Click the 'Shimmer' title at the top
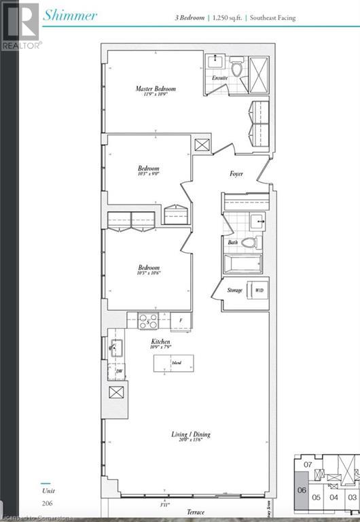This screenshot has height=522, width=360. (70, 15)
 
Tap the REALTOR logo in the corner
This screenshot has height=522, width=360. (20, 25)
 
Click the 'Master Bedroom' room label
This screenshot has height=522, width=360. (156, 89)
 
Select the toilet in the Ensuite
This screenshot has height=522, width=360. (236, 69)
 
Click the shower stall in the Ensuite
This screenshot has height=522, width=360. (259, 69)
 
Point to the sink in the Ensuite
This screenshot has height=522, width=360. (217, 63)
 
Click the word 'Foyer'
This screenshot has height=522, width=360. (236, 174)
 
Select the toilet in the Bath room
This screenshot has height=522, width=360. (249, 242)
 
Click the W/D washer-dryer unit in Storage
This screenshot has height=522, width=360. (258, 290)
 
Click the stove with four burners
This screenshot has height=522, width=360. (149, 320)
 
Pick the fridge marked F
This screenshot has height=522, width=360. (180, 320)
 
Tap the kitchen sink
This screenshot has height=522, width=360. (116, 349)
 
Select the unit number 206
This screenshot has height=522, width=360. (47, 504)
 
